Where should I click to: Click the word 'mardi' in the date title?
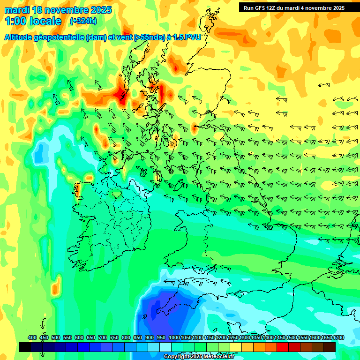(x=17, y=10)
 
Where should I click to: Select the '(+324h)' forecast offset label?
(x=83, y=21)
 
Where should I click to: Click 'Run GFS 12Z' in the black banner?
(x=262, y=8)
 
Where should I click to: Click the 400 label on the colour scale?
(x=32, y=337)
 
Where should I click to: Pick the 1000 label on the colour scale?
(x=174, y=337)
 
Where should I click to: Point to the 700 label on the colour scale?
(x=103, y=337)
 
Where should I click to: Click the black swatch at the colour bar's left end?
(x=25, y=347)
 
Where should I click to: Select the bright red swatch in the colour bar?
(x=283, y=347)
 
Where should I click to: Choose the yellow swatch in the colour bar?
(x=236, y=347)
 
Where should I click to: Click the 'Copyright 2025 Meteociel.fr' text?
(x=199, y=357)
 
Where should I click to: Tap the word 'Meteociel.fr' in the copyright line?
(x=218, y=357)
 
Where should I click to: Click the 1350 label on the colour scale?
(x=256, y=337)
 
